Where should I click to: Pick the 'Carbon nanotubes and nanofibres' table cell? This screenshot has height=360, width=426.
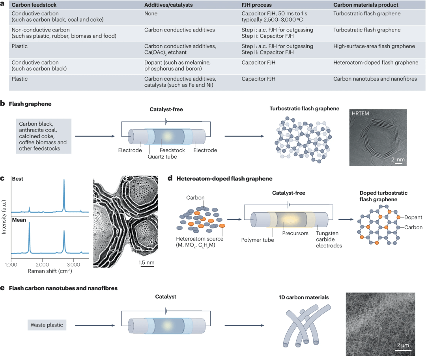tap(375, 79)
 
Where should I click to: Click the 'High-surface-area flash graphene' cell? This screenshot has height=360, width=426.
tap(374, 46)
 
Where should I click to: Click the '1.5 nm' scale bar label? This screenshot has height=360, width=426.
tap(147, 262)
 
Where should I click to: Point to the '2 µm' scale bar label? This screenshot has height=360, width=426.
tap(403, 345)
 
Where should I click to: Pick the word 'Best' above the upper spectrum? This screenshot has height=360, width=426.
tap(18, 179)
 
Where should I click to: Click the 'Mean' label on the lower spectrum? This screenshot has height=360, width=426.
tap(19, 219)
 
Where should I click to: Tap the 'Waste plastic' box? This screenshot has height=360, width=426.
tap(47, 325)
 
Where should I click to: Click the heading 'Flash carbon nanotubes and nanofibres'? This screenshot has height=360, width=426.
tap(63, 288)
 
